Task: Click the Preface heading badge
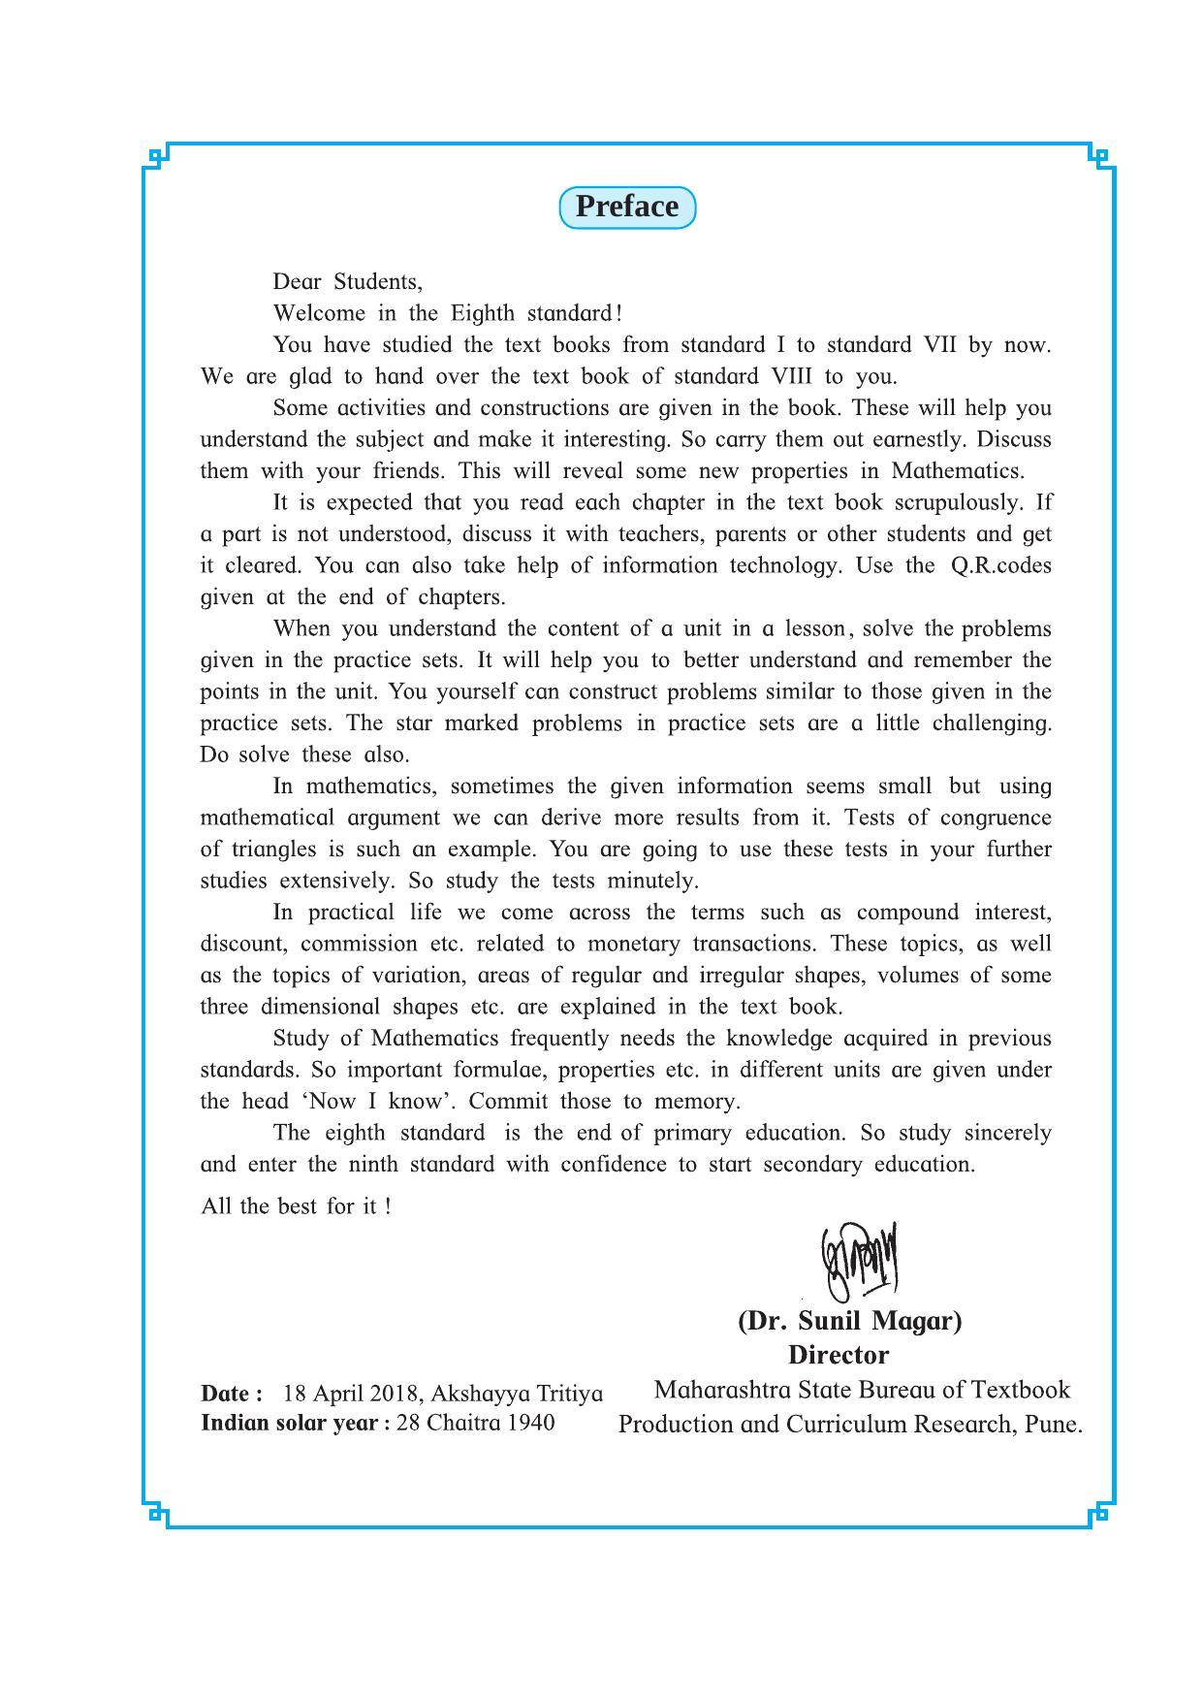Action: point(627,208)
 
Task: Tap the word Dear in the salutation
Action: point(297,282)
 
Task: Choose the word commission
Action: point(358,944)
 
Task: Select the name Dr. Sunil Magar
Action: point(849,1321)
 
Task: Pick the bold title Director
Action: point(838,1355)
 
